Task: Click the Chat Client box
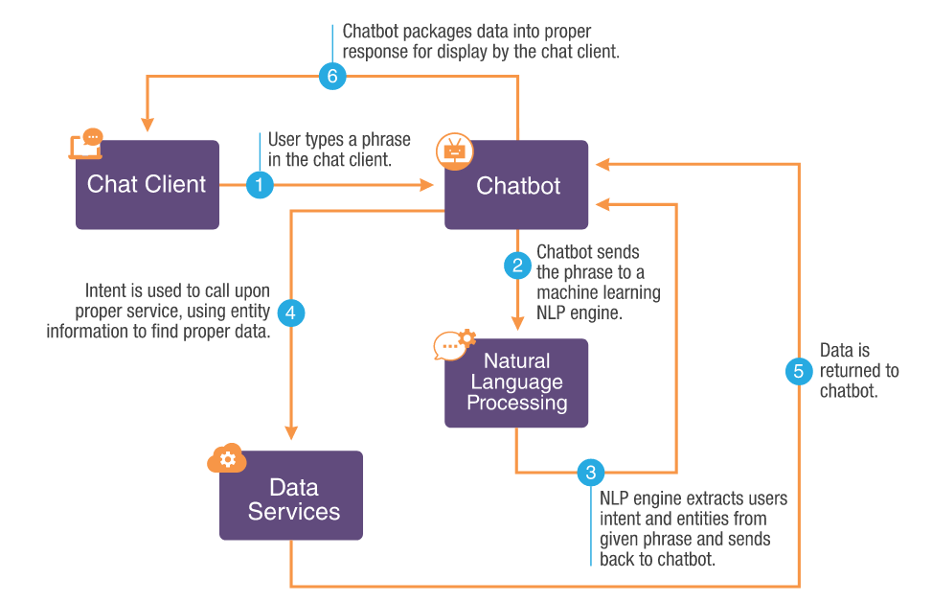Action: coord(147,185)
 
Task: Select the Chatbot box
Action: coord(516,185)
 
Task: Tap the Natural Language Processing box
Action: coord(516,382)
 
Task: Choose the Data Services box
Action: coord(291,497)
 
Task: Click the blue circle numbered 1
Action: coord(260,184)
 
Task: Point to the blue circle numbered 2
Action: coord(517,264)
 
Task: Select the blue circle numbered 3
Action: coord(591,472)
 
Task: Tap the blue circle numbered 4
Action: coord(290,313)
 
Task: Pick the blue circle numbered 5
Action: coord(799,371)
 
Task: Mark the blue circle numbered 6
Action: coord(331,78)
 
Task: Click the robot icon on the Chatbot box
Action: coord(453,150)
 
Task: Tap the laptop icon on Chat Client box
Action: coord(86,144)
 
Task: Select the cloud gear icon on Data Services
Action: coord(227,459)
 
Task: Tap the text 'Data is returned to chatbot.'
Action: coord(858,371)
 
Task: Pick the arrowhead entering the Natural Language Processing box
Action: coord(517,323)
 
